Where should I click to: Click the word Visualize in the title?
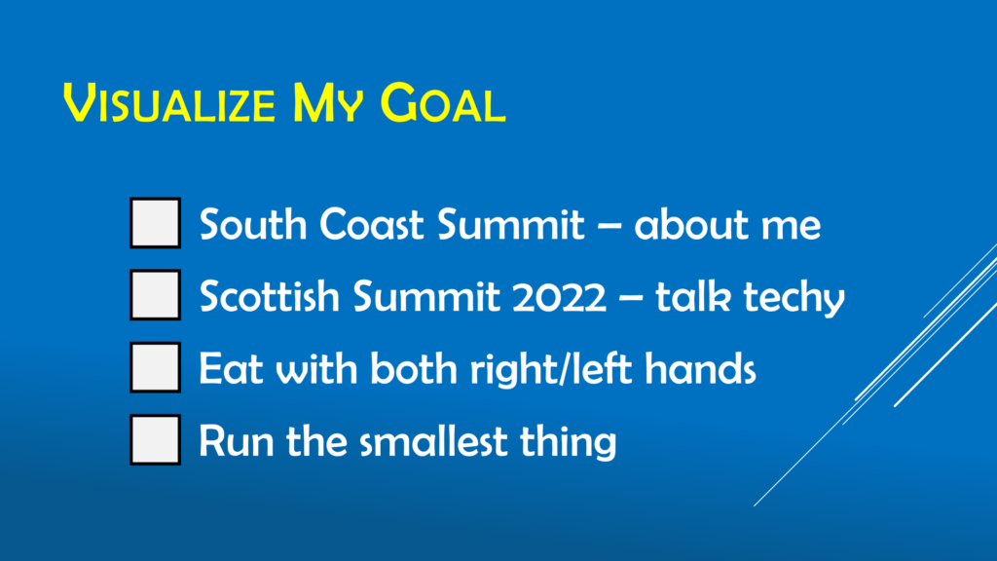coord(169,103)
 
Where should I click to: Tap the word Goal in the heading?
coord(443,103)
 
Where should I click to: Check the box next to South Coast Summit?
coord(155,223)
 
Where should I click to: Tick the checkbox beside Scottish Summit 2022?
coord(155,294)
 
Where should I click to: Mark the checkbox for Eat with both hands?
coord(155,367)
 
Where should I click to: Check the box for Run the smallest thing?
coord(155,439)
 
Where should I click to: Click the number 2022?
coord(560,297)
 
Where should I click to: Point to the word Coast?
coord(371,225)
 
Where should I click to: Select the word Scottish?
coord(270,296)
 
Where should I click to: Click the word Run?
coord(237,441)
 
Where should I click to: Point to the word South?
coord(253,225)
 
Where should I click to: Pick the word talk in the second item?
coord(693,296)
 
